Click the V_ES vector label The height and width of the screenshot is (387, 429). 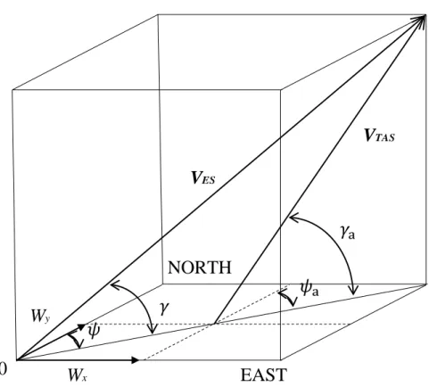(203, 177)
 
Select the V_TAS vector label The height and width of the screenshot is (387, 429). (379, 136)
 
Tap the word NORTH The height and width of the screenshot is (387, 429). (200, 268)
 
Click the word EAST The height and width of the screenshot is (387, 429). (264, 375)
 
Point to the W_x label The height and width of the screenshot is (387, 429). (78, 375)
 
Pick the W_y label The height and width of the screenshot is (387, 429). (41, 316)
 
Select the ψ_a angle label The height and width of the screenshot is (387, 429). (309, 289)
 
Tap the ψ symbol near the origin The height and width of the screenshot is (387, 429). (94, 331)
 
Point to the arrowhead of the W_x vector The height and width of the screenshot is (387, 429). (136, 360)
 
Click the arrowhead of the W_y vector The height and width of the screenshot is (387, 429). (82, 326)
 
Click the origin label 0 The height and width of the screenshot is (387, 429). (3, 368)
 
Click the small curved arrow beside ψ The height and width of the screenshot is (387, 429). (75, 340)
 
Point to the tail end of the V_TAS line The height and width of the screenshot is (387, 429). (214, 324)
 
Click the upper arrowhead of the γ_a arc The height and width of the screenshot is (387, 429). (293, 218)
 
